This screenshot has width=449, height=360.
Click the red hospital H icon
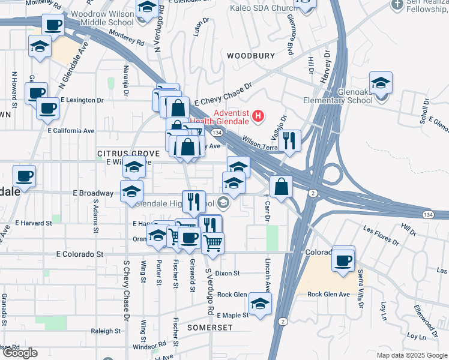[258, 115]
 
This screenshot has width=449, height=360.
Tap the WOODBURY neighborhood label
[250, 56]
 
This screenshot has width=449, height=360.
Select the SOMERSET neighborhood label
[209, 328]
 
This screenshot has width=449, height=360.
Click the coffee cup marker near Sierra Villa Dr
[343, 260]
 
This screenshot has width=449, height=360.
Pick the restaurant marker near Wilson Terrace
[289, 142]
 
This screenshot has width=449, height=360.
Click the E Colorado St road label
[79, 254]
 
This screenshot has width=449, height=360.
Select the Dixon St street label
[228, 273]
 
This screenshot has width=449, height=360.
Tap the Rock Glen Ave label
[328, 295]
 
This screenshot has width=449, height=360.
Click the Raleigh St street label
[106, 331]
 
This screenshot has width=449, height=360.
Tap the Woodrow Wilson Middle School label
[102, 18]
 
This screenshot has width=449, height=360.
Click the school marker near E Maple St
[260, 304]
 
